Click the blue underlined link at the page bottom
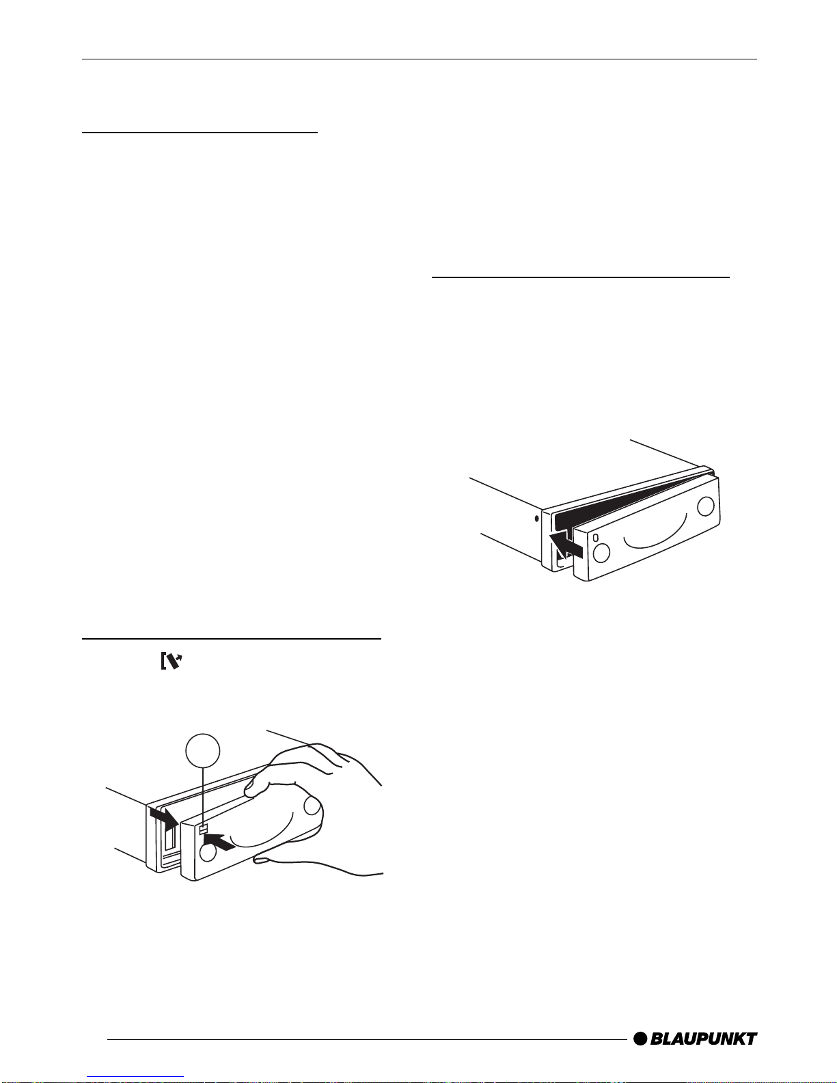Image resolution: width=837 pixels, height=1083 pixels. pyautogui.click(x=135, y=1077)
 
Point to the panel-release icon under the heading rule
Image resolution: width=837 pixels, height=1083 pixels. pyautogui.click(x=172, y=661)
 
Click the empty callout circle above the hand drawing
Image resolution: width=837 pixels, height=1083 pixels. pyautogui.click(x=203, y=751)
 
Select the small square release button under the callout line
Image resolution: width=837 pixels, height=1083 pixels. pyautogui.click(x=203, y=830)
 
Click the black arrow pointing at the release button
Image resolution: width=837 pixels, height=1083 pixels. pyautogui.click(x=220, y=841)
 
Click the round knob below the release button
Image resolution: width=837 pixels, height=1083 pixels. pyautogui.click(x=208, y=853)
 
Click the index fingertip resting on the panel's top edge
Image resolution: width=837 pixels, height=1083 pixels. pyautogui.click(x=249, y=790)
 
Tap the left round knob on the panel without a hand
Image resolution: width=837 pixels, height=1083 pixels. pyautogui.click(x=602, y=553)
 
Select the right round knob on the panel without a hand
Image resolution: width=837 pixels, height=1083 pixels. pyautogui.click(x=705, y=506)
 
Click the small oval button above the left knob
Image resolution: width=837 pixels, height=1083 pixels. pyautogui.click(x=595, y=538)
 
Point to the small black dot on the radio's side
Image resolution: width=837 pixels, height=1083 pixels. pyautogui.click(x=536, y=519)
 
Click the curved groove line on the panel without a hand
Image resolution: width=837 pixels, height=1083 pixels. pyautogui.click(x=655, y=532)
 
